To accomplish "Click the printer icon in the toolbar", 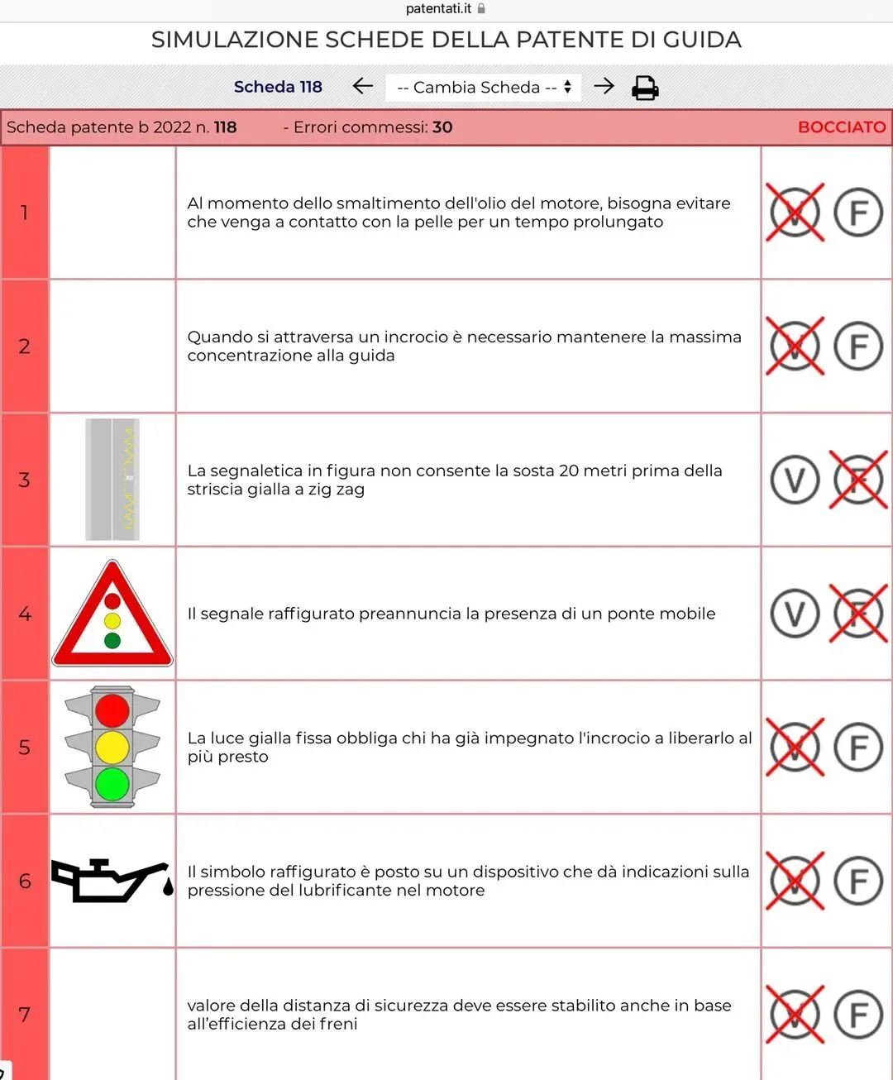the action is [x=645, y=88].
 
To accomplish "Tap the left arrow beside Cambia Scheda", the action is [x=362, y=86].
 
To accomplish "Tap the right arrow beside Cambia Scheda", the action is [x=604, y=86].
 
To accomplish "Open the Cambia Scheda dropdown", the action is [x=483, y=87].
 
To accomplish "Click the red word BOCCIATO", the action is [x=842, y=127].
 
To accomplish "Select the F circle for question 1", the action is [x=858, y=212].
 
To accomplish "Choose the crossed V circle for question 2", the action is [x=795, y=346].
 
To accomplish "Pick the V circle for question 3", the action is [x=795, y=480].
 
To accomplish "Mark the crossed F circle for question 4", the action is [x=858, y=613].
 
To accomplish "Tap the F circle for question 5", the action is [x=858, y=747].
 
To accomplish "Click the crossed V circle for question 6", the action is [x=795, y=881].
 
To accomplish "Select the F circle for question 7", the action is [x=858, y=1015].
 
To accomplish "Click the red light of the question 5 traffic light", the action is [x=112, y=711].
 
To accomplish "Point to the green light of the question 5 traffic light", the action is [x=112, y=784].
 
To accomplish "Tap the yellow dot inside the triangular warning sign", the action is [x=112, y=621].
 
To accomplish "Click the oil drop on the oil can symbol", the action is [x=168, y=886].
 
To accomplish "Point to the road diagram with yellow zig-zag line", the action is [x=112, y=480].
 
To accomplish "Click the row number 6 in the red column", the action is [x=25, y=881].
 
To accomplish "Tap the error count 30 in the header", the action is [x=442, y=127].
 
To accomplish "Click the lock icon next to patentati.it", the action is [x=481, y=9].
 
